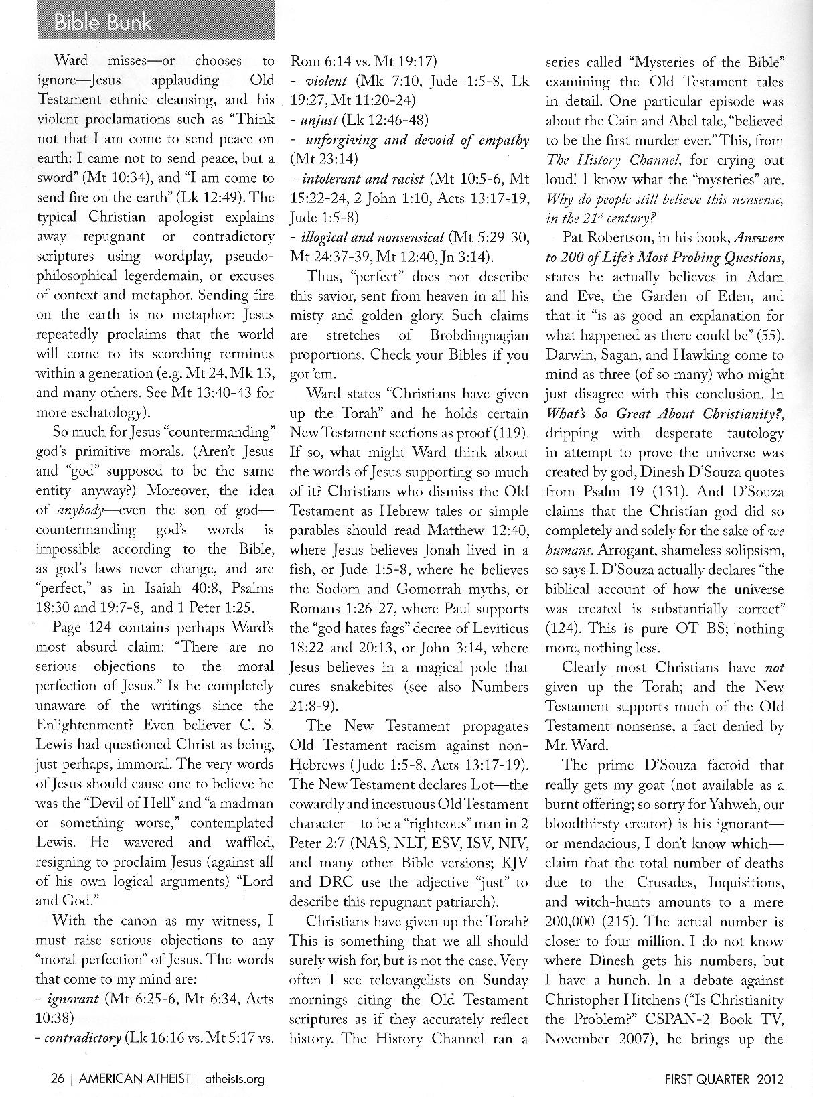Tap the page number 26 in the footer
coord(57,1078)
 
